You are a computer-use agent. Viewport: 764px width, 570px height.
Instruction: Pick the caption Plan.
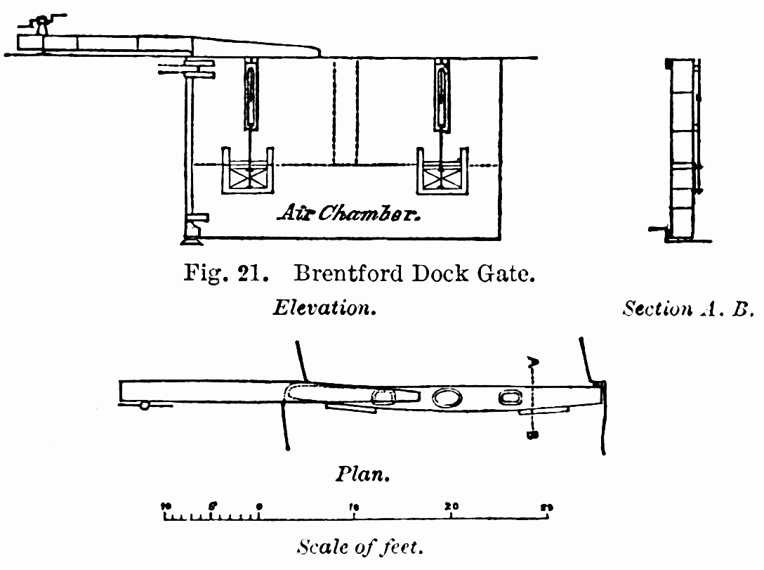click(x=362, y=474)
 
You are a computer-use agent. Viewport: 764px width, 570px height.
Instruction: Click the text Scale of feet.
click(x=361, y=546)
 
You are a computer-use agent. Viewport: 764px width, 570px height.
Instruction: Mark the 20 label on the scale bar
click(x=451, y=506)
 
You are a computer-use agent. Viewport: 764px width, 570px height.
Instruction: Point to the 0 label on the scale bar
click(x=259, y=507)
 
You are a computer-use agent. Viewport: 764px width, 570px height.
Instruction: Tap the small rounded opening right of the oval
click(x=507, y=399)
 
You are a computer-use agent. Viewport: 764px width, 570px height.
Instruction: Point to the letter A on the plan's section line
click(x=533, y=363)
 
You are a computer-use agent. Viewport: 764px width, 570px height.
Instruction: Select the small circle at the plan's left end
click(x=144, y=406)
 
